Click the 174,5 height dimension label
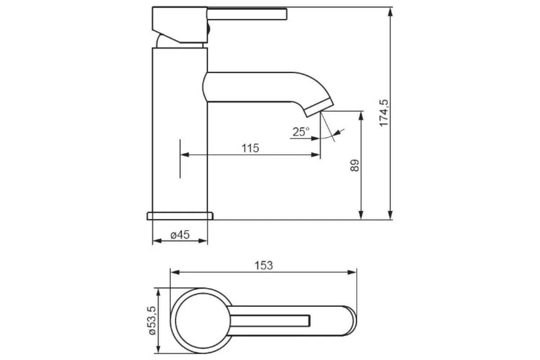click(384, 113)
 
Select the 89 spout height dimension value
click(355, 166)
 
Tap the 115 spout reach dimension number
click(250, 148)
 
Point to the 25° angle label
click(301, 132)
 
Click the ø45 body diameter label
click(180, 234)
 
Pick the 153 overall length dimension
click(264, 265)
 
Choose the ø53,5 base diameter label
click(153, 320)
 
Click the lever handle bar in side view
click(247, 14)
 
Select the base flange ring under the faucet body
click(180, 216)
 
